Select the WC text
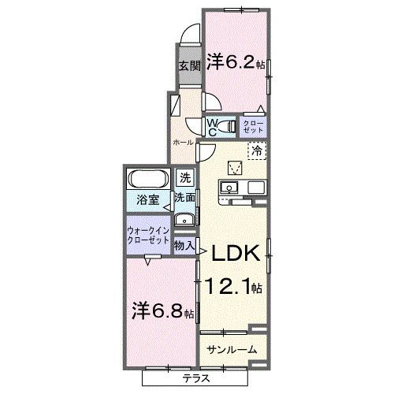tap(213, 125)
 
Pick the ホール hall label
tap(183, 142)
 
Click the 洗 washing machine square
tap(184, 178)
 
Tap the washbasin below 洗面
tap(184, 219)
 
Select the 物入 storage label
tap(184, 246)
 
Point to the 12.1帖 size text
tap(234, 286)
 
